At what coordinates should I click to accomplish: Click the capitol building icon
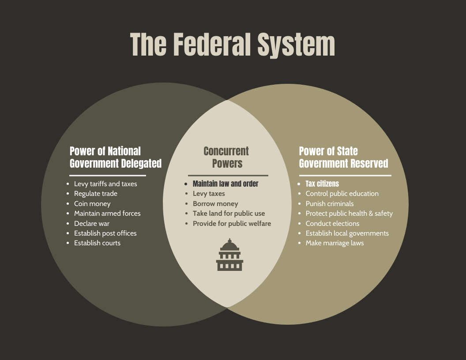(x=229, y=255)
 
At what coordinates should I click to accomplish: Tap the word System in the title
(x=296, y=45)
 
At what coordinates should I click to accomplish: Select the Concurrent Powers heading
(x=226, y=157)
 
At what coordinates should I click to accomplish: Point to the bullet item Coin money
(x=92, y=204)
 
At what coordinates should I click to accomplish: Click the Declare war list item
(x=91, y=223)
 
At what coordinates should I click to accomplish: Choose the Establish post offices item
(x=105, y=233)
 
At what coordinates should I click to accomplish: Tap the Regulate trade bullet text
(x=96, y=194)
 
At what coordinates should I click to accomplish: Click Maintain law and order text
(x=225, y=184)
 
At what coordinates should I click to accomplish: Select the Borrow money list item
(x=215, y=204)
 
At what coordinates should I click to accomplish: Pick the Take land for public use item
(x=229, y=214)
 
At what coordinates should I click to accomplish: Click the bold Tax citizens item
(x=322, y=184)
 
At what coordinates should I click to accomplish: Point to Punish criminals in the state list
(x=330, y=204)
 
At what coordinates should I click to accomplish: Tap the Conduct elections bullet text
(x=332, y=223)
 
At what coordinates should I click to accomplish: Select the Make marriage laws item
(x=334, y=243)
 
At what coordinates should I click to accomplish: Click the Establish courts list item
(x=97, y=243)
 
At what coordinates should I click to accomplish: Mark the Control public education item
(x=342, y=194)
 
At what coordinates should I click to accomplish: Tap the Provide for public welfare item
(x=232, y=223)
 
